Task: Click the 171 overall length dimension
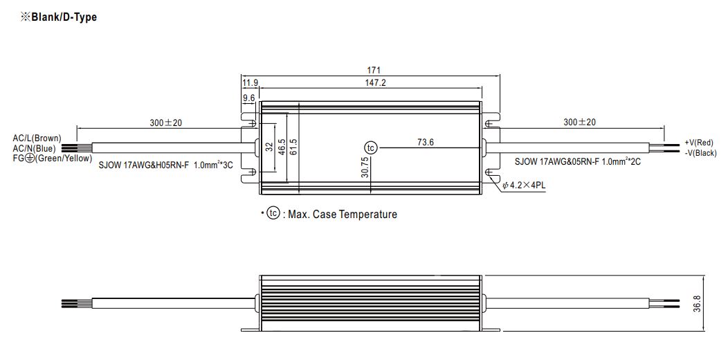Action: pos(374,71)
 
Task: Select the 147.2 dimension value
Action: pos(376,83)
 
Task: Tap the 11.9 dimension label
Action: pos(251,83)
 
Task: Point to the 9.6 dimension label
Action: pos(249,98)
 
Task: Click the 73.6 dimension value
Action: pos(426,142)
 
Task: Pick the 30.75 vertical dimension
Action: pos(365,167)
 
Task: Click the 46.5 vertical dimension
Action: pos(281,147)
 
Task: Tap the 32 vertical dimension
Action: pos(269,147)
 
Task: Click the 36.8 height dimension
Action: pos(697,303)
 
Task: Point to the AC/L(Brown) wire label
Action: pos(37,138)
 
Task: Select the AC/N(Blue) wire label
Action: pos(35,149)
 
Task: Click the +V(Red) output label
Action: pos(699,143)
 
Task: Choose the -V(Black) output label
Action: pos(700,153)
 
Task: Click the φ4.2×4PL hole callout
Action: pos(524,186)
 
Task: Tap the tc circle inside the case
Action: pos(370,147)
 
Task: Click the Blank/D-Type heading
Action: pos(59,17)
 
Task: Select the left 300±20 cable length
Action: pos(166,123)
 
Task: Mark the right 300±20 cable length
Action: pos(579,122)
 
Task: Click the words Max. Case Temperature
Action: pos(343,214)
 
